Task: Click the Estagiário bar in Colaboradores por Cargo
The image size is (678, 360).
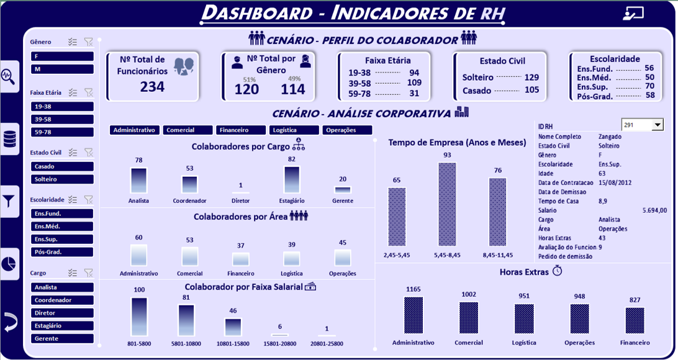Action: [292, 179]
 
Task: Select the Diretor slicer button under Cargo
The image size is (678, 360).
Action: [62, 313]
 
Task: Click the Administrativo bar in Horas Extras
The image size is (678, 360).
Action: [413, 316]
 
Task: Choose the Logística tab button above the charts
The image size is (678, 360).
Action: [294, 130]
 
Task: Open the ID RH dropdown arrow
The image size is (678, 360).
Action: [658, 125]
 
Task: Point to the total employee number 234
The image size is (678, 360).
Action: [152, 87]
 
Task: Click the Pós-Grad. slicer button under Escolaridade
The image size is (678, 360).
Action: [62, 252]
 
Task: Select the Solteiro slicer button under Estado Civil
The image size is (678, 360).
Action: [62, 179]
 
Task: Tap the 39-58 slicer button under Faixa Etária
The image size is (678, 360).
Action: [62, 119]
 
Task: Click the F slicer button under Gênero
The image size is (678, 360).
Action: [62, 56]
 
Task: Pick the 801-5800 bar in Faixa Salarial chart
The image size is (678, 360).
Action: [139, 317]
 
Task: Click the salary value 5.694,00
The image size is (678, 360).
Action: [654, 210]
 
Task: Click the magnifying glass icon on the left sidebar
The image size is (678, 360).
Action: [9, 76]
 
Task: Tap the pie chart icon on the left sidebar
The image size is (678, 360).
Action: [9, 263]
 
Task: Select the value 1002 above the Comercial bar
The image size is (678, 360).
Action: [469, 295]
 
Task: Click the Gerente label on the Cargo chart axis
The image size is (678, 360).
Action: [342, 201]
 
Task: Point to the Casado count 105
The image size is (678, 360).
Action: [531, 90]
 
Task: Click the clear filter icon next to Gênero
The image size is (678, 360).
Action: [89, 42]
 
